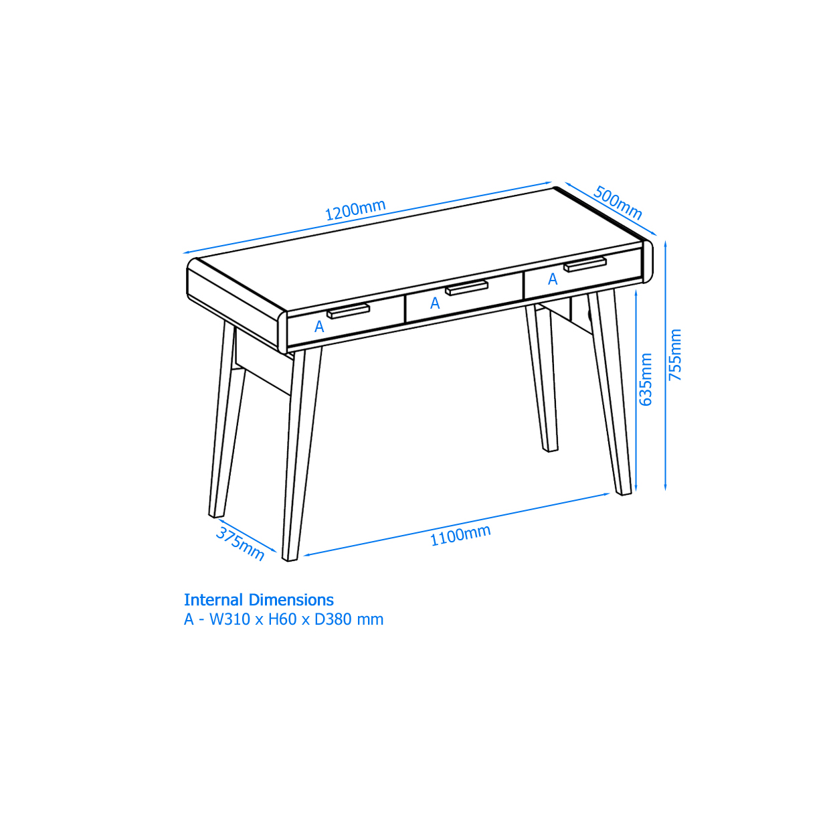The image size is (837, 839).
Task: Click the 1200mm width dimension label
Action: tap(355, 210)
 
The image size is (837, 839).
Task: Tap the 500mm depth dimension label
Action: tap(618, 202)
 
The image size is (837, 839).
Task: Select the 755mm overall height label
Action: tap(674, 354)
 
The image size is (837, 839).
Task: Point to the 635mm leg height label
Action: tap(645, 379)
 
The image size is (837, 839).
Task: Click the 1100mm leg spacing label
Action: tap(460, 535)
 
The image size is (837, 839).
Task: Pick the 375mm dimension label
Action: tap(240, 544)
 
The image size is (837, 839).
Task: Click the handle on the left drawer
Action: tap(348, 311)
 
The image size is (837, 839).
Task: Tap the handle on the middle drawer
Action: tap(466, 288)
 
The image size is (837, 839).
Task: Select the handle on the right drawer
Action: tap(585, 264)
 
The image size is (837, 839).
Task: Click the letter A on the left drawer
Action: tap(319, 327)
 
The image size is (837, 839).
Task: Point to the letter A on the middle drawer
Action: tap(435, 303)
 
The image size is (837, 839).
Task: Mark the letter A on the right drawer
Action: tap(553, 279)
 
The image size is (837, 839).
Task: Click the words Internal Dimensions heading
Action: tap(258, 600)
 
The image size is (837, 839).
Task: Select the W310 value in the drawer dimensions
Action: tap(229, 619)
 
